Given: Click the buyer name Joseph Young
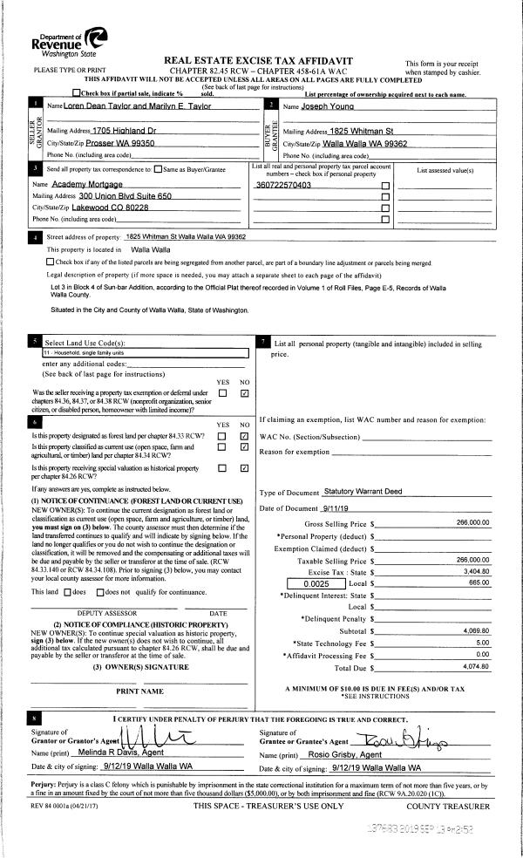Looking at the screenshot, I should [x=318, y=106].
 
